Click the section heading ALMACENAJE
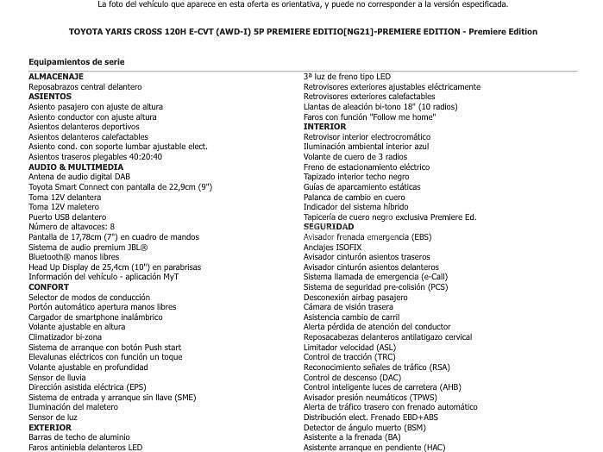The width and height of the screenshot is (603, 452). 55,77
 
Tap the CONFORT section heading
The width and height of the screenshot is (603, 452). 48,287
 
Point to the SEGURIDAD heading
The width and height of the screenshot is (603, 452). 329,227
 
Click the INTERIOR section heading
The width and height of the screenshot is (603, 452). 324,127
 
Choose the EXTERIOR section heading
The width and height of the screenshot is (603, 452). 50,427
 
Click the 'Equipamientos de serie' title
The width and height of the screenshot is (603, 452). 76,62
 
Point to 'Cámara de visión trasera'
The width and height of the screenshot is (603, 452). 349,307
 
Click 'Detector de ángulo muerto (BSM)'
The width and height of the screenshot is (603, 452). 364,427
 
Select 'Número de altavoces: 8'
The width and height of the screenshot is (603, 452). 72,227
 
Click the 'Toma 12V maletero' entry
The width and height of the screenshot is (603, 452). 65,207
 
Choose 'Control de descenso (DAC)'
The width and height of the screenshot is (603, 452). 352,377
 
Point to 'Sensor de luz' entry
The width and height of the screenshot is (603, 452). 53,417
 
